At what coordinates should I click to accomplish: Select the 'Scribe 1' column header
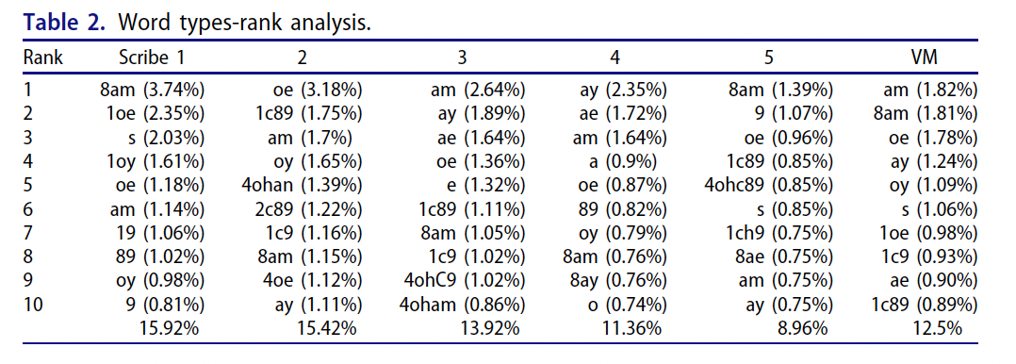pos(152,58)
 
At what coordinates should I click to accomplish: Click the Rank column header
pos(43,58)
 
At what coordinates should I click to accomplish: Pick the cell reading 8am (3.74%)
pos(153,90)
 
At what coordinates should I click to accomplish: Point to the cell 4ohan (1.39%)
pos(301,185)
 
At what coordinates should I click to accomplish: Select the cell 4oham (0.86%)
pos(462,305)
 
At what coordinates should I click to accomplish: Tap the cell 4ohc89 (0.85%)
pos(768,185)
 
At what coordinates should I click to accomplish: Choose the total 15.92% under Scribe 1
pos(169,328)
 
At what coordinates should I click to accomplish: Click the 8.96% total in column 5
pos(803,328)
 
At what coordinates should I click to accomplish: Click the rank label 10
pos(33,305)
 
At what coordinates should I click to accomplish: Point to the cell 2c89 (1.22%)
pos(308,209)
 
